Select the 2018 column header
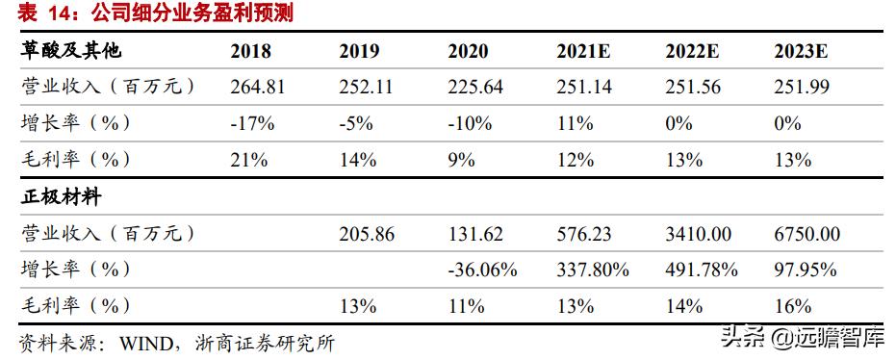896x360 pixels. pos(250,51)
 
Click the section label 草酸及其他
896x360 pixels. pos(71,51)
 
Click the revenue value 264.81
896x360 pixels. pos(257,87)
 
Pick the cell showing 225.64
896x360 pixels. pos(475,87)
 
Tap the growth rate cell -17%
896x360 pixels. pos(253,123)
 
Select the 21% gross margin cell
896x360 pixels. pos(248,160)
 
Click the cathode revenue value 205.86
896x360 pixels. pos(367,234)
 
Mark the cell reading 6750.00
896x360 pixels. pos(807,234)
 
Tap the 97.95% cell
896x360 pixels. pos(804,270)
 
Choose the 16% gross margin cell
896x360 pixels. pos(794,307)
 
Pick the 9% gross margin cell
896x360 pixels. pos(462,160)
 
